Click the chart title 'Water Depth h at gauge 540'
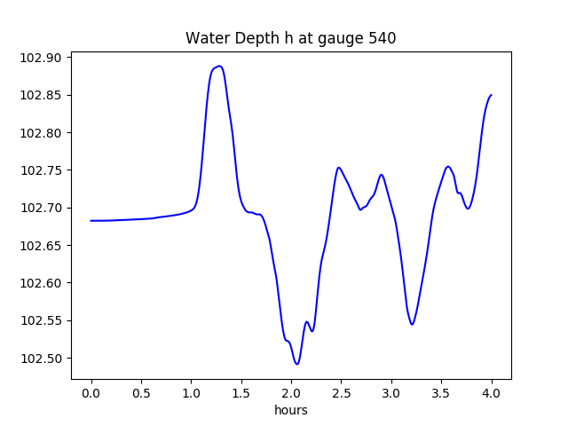(290, 38)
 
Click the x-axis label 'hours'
(291, 410)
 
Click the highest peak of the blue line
(219, 66)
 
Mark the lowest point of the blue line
(297, 364)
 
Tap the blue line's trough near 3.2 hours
(412, 325)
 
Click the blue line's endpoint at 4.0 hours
(491, 95)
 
